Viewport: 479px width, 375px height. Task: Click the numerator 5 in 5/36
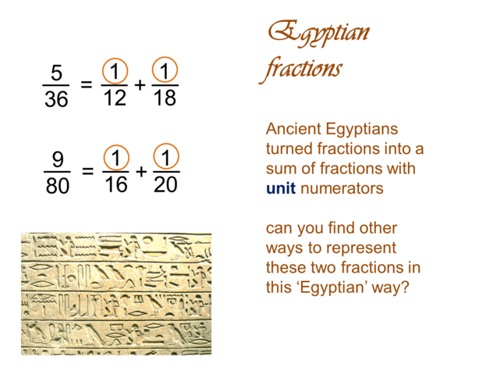point(55,73)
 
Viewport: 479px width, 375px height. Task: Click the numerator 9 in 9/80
point(57,159)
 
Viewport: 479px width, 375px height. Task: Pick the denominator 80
point(57,187)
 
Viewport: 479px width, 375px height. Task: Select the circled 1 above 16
point(115,159)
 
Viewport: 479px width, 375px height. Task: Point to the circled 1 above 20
point(165,159)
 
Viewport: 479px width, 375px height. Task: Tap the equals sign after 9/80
point(87,172)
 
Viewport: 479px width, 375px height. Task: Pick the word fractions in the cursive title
point(301,69)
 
